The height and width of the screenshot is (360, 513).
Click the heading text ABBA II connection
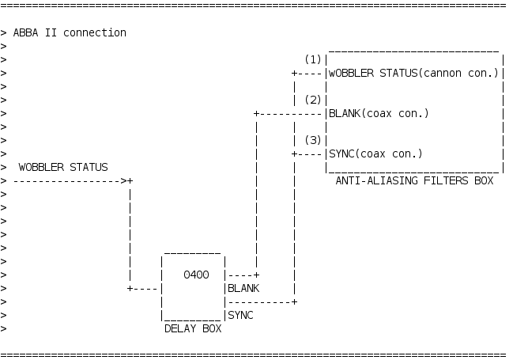click(x=70, y=32)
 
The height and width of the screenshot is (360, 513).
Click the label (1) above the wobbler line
click(x=313, y=60)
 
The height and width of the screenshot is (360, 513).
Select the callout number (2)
click(x=313, y=100)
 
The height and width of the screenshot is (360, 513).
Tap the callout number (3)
click(x=313, y=140)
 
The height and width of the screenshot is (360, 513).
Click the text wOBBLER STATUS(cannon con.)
click(x=413, y=74)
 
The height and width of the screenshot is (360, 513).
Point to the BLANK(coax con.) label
click(x=378, y=113)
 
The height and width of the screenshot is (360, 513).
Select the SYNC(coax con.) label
click(x=375, y=153)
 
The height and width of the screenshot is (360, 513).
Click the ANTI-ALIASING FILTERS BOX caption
click(x=414, y=180)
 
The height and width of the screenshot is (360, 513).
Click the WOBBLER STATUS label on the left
click(x=63, y=167)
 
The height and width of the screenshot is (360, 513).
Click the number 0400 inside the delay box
click(x=195, y=275)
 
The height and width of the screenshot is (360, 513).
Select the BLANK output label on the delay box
click(x=243, y=288)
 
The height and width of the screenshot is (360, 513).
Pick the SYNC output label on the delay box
click(x=240, y=315)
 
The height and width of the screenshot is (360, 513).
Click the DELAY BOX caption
click(x=192, y=328)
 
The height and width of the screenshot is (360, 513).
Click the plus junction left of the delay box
click(x=130, y=288)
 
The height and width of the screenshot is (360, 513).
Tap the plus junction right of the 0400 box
click(x=256, y=275)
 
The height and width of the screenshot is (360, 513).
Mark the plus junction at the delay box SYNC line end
click(x=294, y=301)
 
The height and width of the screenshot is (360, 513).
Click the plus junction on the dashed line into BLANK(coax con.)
click(x=256, y=113)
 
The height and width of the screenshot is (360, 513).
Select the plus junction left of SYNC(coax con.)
click(x=294, y=153)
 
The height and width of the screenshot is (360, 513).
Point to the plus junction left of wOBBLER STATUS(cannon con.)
click(x=294, y=74)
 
